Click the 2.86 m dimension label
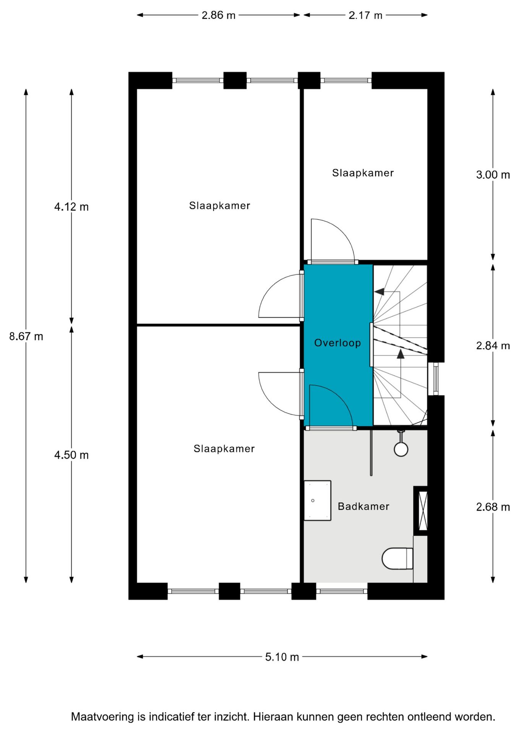pos(218,15)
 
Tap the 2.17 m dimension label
pos(365,15)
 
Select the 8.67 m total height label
pos(26,336)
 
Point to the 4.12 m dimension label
pos(71,207)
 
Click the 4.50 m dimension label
pos(71,455)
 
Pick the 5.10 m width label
pos(282,657)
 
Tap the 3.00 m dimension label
pos(493,175)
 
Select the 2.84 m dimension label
pos(493,346)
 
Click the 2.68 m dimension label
pos(493,507)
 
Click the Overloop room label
pos(337,343)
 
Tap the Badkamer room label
pos(363,507)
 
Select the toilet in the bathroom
pos(397,559)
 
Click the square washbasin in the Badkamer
pos(317,500)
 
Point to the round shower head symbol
pos(401,449)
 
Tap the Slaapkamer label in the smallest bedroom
pos(363,173)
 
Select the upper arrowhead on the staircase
pos(379,292)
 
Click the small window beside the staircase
pos(436,379)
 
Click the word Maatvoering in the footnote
pos(102,716)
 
